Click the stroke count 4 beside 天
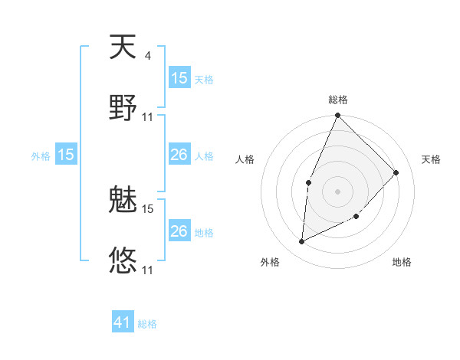[147, 55]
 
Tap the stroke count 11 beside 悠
[148, 270]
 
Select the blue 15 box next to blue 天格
[179, 78]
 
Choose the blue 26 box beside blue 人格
[179, 155]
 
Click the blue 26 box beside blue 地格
[179, 231]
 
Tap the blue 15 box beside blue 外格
[66, 155]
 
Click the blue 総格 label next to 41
[147, 324]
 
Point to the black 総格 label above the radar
[338, 100]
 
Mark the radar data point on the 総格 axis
[337, 116]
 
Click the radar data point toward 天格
[396, 172]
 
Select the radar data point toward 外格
[302, 241]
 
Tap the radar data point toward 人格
[308, 182]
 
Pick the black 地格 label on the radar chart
[402, 262]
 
